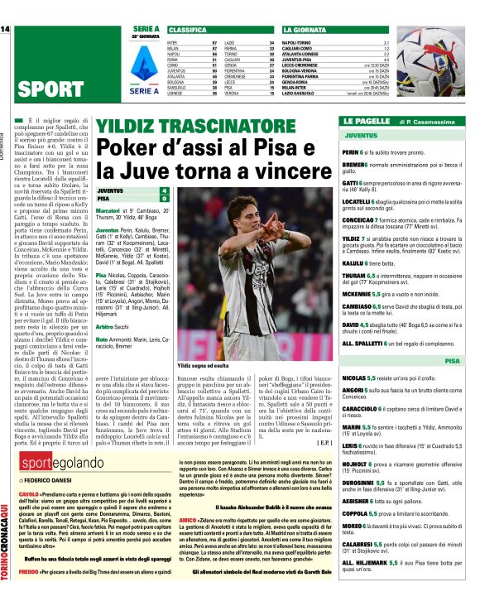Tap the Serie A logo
[x=144, y=55]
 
